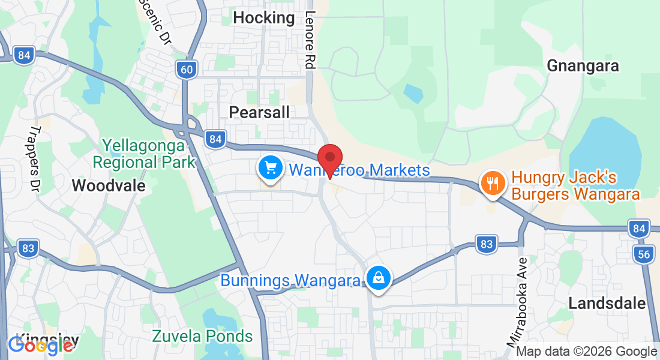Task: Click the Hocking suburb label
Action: point(263,18)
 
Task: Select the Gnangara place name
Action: point(583,65)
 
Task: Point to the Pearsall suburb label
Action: point(259,112)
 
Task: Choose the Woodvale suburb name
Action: point(109,185)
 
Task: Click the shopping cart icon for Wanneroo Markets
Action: point(270,167)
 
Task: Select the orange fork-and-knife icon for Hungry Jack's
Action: point(493,182)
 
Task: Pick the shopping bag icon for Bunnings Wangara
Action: point(379,279)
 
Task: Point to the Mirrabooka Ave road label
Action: point(517,302)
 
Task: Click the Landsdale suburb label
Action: point(607,303)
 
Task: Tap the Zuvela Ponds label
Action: point(202,335)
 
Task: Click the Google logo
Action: point(40,345)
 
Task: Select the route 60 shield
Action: point(187,70)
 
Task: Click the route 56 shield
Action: point(644,254)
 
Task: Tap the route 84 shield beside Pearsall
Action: point(215,140)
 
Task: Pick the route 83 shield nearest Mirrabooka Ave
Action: point(487,244)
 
